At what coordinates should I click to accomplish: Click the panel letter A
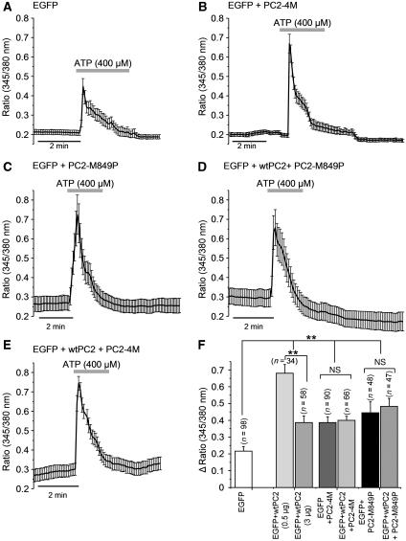7,7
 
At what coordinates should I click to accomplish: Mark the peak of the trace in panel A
83,89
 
